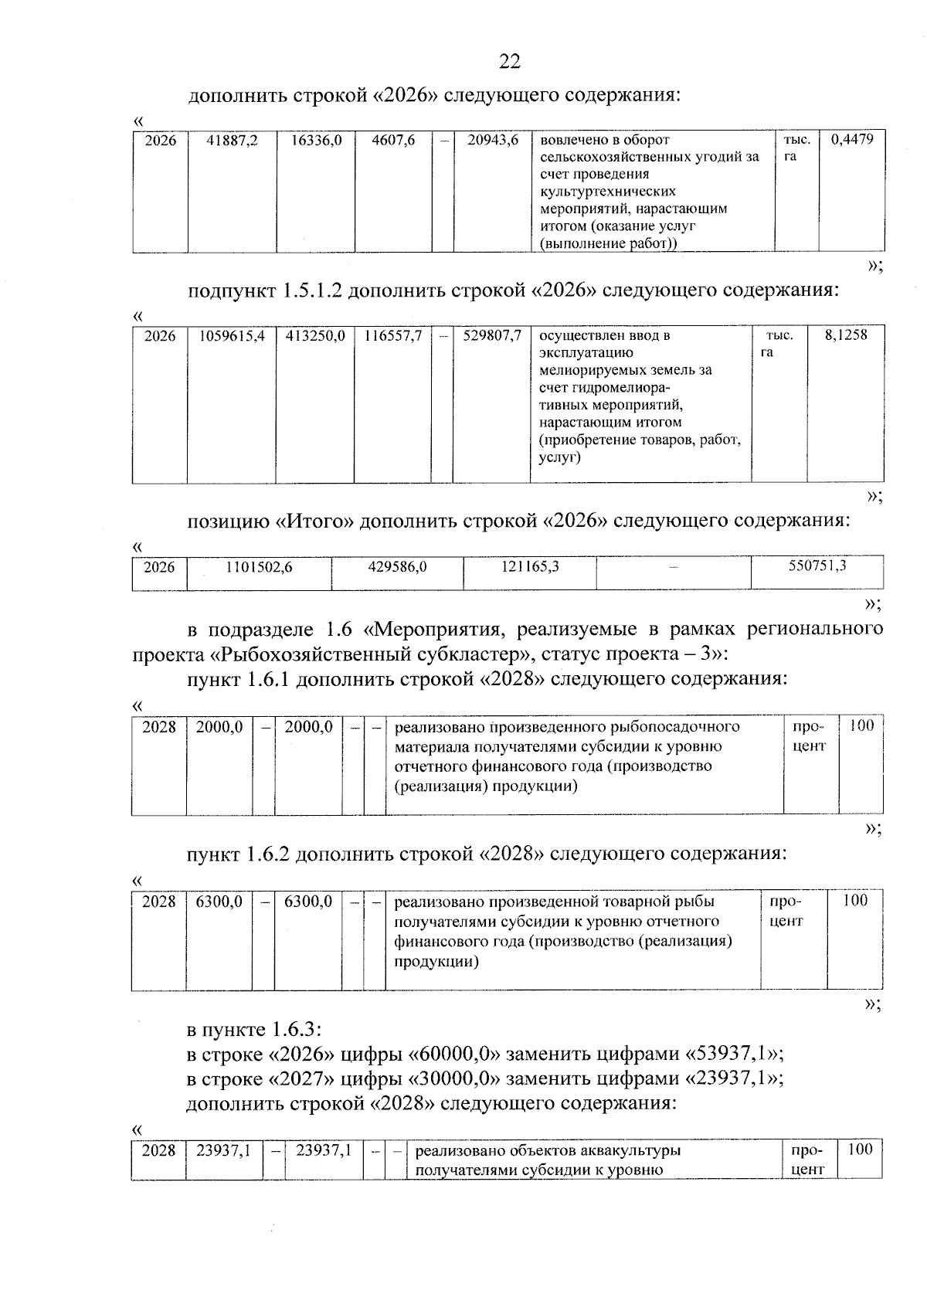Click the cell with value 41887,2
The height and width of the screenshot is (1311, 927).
pyautogui.click(x=233, y=141)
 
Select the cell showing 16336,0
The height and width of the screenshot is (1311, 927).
pyautogui.click(x=316, y=141)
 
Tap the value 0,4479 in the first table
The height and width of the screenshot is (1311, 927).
pyautogui.click(x=852, y=139)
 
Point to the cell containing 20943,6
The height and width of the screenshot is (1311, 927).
pyautogui.click(x=492, y=141)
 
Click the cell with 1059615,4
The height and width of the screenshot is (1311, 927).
pyautogui.click(x=232, y=336)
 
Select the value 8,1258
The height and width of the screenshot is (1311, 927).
pyautogui.click(x=846, y=335)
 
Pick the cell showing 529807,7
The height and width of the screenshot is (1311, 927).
pyautogui.click(x=492, y=336)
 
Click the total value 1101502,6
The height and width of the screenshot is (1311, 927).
pyautogui.click(x=259, y=567)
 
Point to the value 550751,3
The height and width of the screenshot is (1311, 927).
pyautogui.click(x=817, y=565)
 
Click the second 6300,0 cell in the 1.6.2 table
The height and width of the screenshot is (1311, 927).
pyautogui.click(x=308, y=902)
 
